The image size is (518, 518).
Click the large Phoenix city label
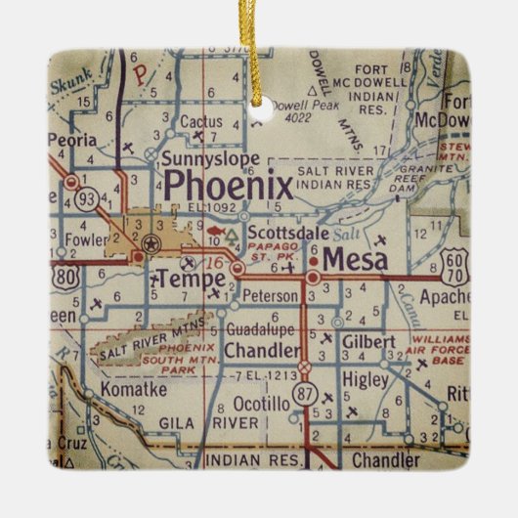[228, 186]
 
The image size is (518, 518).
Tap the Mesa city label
[354, 260]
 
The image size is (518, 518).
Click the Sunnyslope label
[211, 158]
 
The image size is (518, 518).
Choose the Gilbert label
[368, 342]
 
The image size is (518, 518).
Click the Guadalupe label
[259, 330]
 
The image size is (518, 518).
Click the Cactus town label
[200, 123]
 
